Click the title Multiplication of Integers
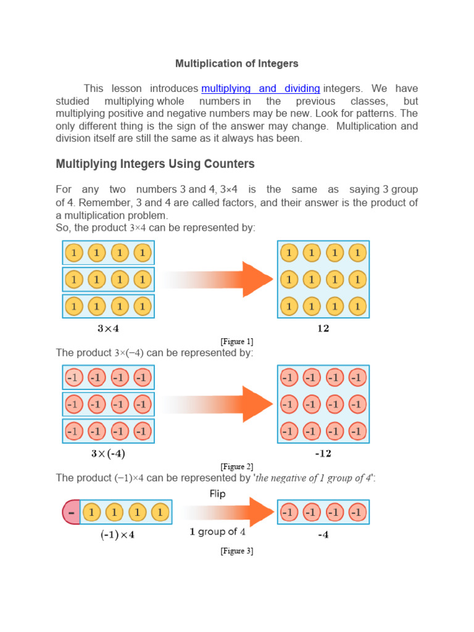236,64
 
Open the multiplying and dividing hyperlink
260,88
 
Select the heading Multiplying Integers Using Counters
155,164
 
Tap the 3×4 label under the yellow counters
109,328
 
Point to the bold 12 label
323,328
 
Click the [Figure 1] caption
236,341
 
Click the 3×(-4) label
109,454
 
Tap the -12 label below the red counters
323,454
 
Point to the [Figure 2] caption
236,467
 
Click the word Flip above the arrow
217,494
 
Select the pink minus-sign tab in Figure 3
72,512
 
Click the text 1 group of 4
217,531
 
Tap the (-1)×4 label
117,535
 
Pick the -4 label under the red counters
323,535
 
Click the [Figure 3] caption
236,551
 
